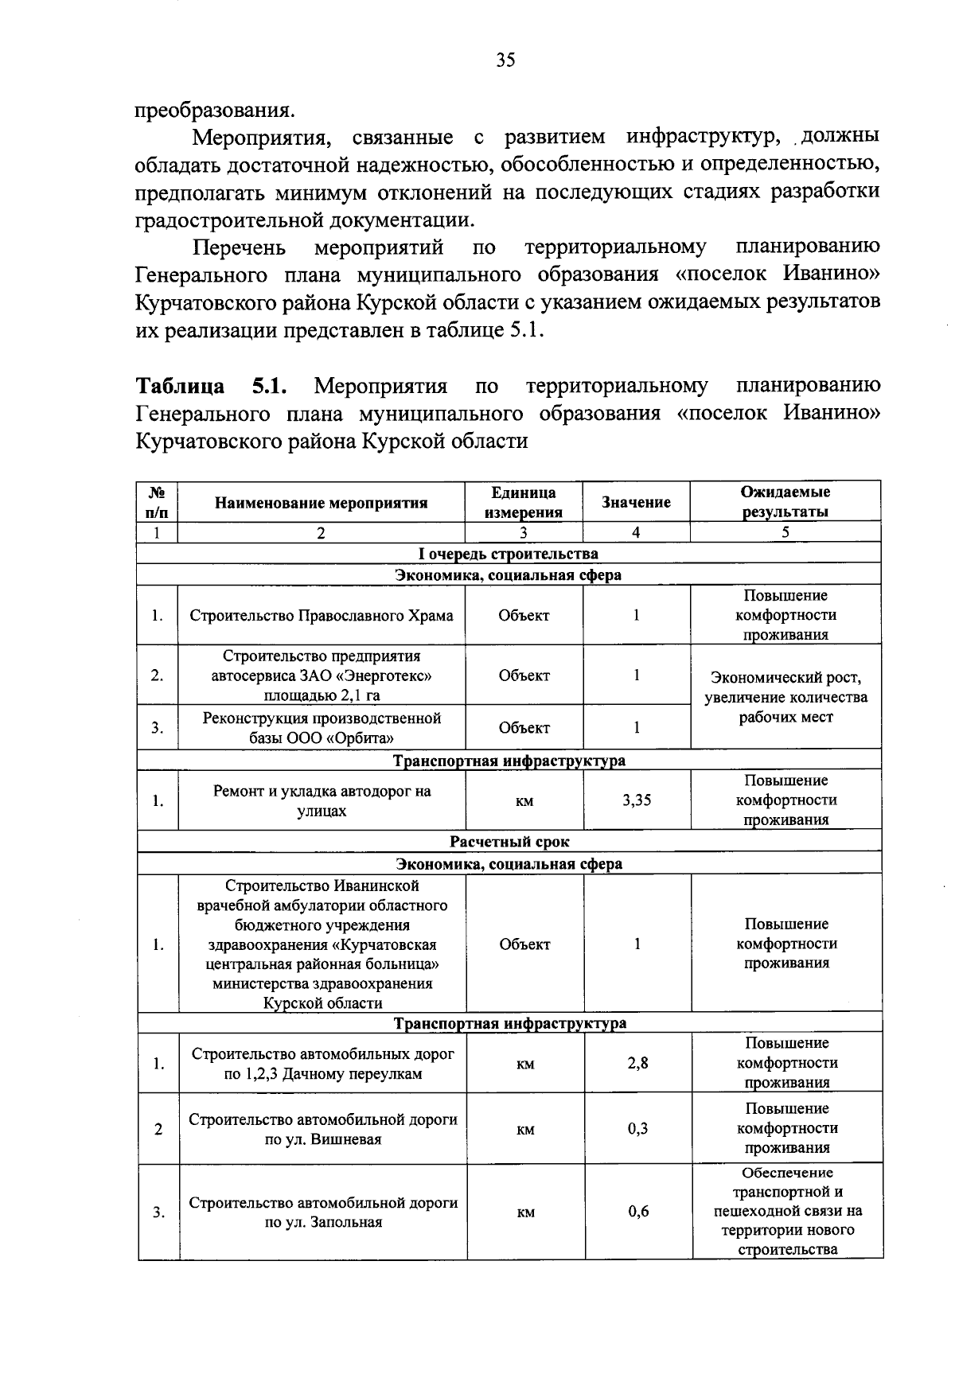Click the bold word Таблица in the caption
point(180,387)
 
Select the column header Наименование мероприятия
point(321,503)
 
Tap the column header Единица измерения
point(524,503)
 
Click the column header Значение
point(636,502)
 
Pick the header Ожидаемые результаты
point(785,502)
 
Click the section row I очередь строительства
point(509,554)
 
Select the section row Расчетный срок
point(509,842)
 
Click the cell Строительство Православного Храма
point(322,616)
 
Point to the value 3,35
point(637,800)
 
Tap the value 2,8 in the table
point(637,1063)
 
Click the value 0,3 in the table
point(637,1129)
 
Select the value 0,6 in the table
point(638,1212)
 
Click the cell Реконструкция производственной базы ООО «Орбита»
point(322,728)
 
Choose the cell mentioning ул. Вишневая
point(322,1130)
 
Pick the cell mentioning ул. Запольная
point(322,1212)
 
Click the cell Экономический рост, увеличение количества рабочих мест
point(785,698)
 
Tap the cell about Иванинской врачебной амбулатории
point(322,944)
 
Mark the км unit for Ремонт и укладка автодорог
point(524,801)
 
